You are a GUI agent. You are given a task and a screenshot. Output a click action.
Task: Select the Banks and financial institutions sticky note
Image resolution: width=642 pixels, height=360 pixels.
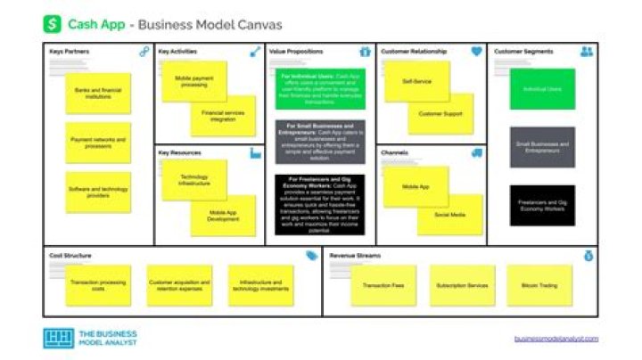pos(98,94)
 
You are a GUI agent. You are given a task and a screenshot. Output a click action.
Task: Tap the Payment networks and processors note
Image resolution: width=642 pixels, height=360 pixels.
pos(98,143)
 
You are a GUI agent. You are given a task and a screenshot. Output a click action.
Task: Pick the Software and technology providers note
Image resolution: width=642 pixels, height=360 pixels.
pos(98,192)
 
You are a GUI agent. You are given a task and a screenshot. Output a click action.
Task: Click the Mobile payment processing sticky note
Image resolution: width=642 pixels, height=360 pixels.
pos(194,81)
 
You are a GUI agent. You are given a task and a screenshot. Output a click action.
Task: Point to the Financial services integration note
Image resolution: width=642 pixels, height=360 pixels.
pos(223,116)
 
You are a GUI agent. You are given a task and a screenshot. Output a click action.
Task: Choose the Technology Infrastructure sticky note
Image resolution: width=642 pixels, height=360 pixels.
pos(194,180)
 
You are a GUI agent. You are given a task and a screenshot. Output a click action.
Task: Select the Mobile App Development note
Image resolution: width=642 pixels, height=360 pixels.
pos(223,216)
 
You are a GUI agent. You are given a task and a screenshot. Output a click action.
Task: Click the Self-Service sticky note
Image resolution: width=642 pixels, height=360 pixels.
pos(416,81)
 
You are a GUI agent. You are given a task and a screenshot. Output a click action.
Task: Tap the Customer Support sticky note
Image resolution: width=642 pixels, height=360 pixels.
pos(441,114)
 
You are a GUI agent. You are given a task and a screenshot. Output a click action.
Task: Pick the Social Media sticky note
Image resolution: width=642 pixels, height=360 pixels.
pos(450,215)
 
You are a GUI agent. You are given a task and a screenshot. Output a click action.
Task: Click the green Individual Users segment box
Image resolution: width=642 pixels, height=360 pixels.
pos(542,89)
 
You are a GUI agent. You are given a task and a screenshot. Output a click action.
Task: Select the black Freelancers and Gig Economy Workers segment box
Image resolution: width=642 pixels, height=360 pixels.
pos(542,206)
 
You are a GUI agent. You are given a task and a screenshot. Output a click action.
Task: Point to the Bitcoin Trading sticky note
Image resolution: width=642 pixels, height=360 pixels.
pos(539,285)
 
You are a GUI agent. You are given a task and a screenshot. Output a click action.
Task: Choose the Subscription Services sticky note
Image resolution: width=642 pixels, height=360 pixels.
pos(462,285)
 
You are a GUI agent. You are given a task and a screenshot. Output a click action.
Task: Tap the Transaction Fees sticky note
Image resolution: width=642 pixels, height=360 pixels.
pos(383,285)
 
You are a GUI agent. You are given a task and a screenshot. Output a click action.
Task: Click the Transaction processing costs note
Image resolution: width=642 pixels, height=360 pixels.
pos(98,285)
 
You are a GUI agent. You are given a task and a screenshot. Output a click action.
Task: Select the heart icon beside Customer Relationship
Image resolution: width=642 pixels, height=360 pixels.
pos(477,52)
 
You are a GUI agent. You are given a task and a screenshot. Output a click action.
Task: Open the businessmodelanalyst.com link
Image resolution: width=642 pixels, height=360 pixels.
pos(556,339)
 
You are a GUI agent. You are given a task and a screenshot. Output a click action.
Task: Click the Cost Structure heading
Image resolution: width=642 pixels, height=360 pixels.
pos(70,255)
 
